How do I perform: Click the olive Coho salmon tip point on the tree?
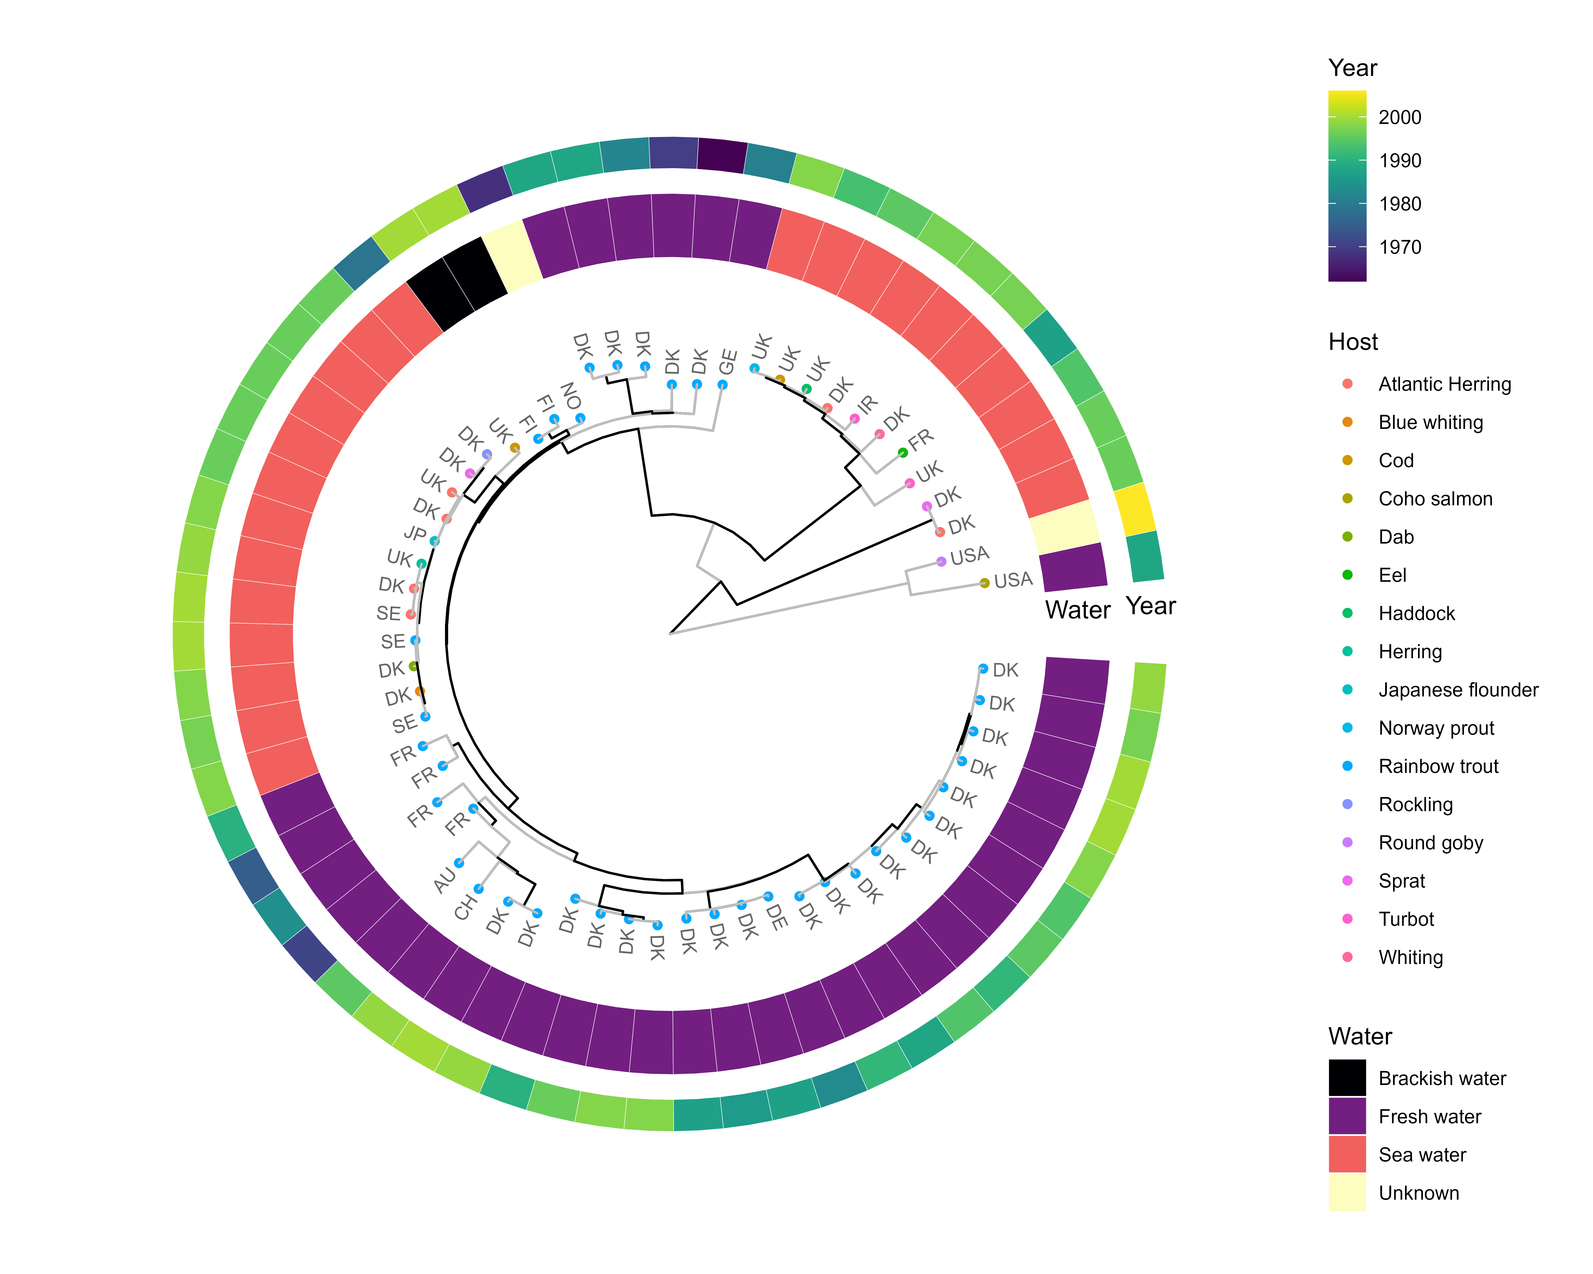(984, 583)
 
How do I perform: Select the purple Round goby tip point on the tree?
(941, 562)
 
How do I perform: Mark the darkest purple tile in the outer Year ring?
(721, 155)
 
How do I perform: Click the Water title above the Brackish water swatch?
(1360, 1036)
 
